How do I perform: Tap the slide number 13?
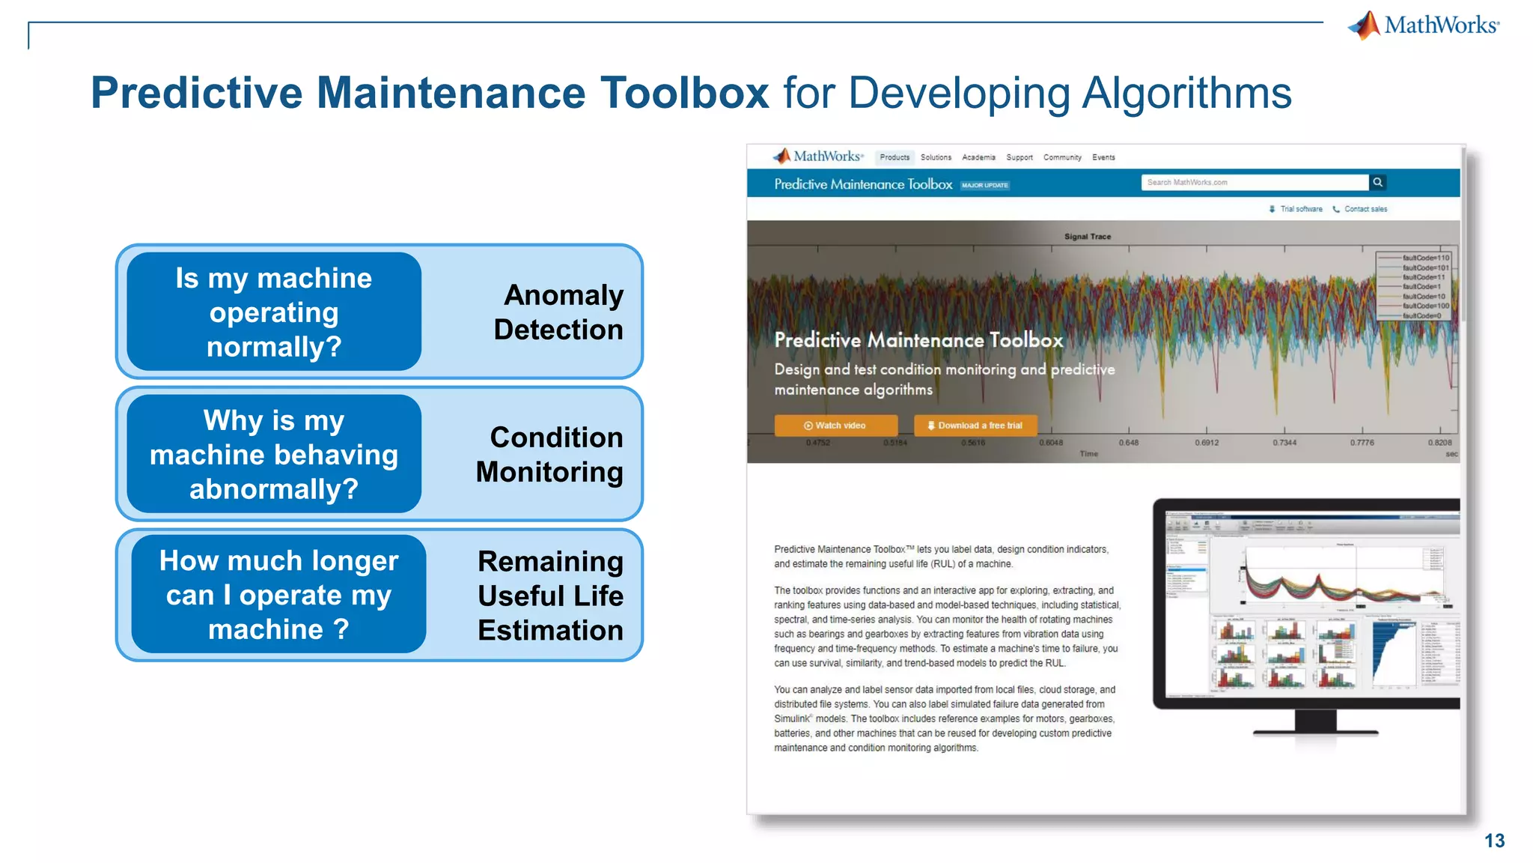pyautogui.click(x=1494, y=841)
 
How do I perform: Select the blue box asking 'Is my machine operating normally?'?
pyautogui.click(x=274, y=312)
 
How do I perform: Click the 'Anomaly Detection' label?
pyautogui.click(x=558, y=312)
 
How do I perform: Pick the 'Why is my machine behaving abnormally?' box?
pyautogui.click(x=274, y=454)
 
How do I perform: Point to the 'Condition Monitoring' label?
pyautogui.click(x=550, y=454)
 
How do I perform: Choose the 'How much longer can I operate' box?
pyautogui.click(x=278, y=595)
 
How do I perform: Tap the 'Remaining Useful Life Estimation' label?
pyautogui.click(x=550, y=596)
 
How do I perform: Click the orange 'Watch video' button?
pyautogui.click(x=835, y=426)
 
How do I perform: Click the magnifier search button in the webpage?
pyautogui.click(x=1377, y=182)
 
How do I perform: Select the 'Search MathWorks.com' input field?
pyautogui.click(x=1255, y=182)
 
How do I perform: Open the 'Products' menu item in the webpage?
pyautogui.click(x=894, y=157)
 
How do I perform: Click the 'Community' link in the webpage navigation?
pyautogui.click(x=1062, y=157)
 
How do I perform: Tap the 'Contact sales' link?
pyautogui.click(x=1365, y=209)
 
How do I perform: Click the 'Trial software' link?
pyautogui.click(x=1300, y=209)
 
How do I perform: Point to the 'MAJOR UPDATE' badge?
pyautogui.click(x=985, y=185)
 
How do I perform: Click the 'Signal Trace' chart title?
pyautogui.click(x=1088, y=237)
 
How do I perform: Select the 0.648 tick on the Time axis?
pyautogui.click(x=1129, y=443)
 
